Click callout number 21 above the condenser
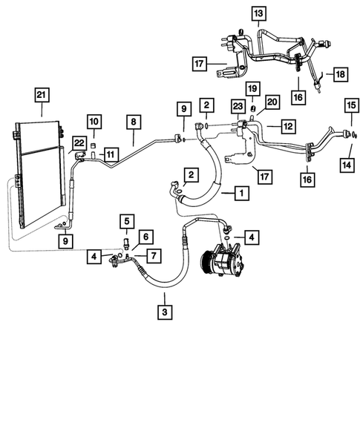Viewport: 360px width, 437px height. pyautogui.click(x=41, y=94)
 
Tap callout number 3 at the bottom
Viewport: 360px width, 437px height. pyautogui.click(x=165, y=312)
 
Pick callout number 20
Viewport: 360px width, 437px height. pyautogui.click(x=272, y=102)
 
